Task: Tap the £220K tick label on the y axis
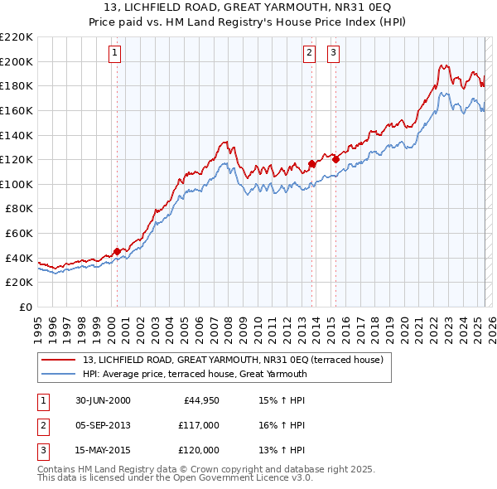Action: point(17,37)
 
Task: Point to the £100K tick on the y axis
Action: point(17,184)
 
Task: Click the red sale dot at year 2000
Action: point(118,251)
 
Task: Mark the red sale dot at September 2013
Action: point(311,163)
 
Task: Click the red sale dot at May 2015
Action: point(336,160)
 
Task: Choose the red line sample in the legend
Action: point(60,361)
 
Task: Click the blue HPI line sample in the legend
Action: point(60,374)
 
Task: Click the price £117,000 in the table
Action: point(199,425)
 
